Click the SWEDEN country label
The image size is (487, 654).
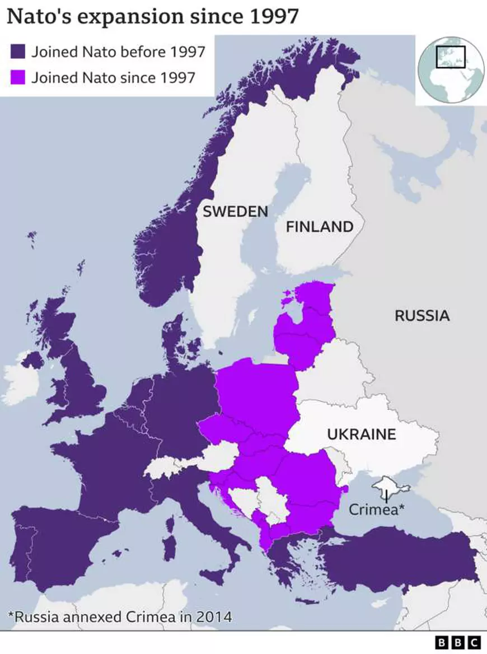235,212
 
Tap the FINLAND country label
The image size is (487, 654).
320,227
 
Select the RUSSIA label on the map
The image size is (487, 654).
422,315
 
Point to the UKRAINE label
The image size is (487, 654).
361,434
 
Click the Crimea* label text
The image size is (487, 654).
377,510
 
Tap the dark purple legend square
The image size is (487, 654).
18,52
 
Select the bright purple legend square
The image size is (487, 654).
18,77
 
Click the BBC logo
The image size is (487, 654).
457,642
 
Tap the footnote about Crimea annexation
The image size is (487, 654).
119,617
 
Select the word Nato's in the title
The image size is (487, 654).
39,17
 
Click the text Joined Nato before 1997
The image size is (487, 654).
118,52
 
